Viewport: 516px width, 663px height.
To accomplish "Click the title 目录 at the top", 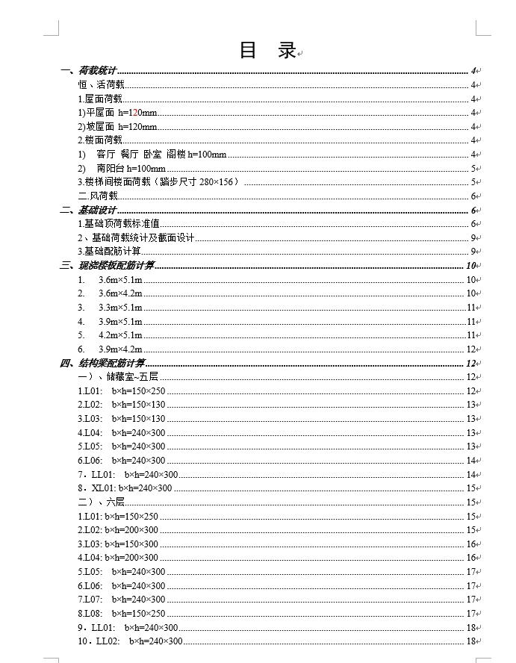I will [x=267, y=51].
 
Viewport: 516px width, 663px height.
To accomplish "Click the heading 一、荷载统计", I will [x=89, y=71].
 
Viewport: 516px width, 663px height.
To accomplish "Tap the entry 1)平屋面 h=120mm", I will [x=118, y=113].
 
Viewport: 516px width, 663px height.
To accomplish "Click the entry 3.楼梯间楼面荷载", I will [x=158, y=182].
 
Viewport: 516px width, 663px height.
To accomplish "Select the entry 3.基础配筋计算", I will [x=110, y=252].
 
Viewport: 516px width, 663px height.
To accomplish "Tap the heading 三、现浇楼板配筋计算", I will [x=108, y=266].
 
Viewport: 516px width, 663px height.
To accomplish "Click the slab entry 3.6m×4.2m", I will [x=120, y=293].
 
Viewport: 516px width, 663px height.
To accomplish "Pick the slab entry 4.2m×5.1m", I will [x=120, y=335].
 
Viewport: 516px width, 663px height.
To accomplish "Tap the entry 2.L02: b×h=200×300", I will [x=118, y=530].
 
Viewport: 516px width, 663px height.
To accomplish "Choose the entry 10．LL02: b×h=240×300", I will [x=130, y=641].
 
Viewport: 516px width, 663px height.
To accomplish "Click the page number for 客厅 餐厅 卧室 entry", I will [x=473, y=155].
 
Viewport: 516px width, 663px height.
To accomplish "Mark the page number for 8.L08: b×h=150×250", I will [x=472, y=614].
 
